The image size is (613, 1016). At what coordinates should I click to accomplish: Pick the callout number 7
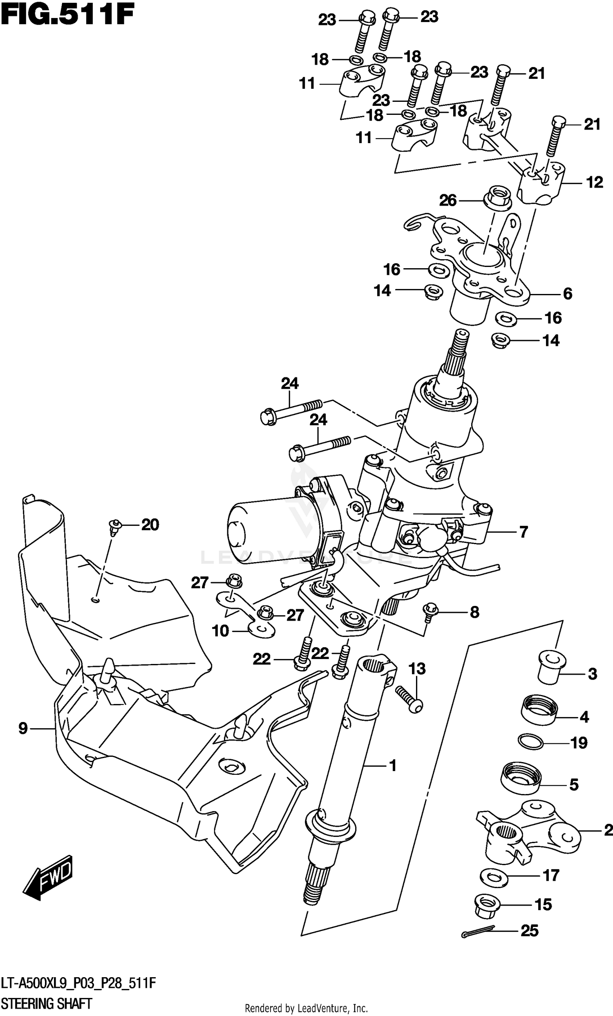(x=524, y=532)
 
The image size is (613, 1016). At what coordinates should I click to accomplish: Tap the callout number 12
(x=594, y=182)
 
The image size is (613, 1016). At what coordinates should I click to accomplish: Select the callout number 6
(x=568, y=294)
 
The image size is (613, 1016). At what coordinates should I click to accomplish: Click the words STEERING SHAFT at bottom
(x=47, y=1003)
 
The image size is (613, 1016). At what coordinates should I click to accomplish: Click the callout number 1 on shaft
(x=393, y=766)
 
